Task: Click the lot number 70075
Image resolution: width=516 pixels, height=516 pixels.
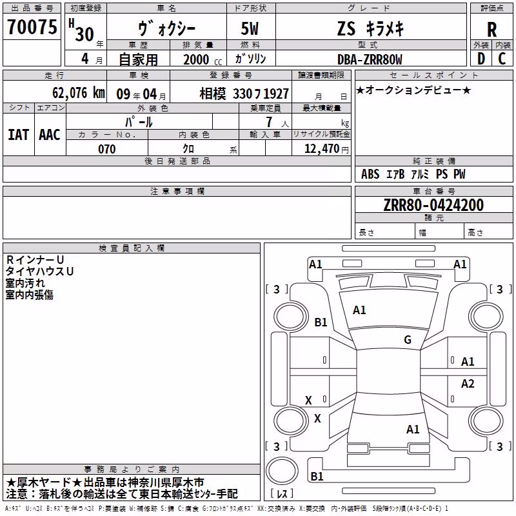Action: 32,27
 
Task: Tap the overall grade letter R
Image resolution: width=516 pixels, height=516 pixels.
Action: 491,30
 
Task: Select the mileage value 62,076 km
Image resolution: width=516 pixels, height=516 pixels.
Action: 79,93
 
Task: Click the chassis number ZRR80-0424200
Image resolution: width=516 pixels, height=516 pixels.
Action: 433,205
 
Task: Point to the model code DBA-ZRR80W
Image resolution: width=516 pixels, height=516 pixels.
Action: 370,59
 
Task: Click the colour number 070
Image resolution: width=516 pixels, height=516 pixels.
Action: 106,149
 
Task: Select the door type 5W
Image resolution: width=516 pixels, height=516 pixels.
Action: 250,28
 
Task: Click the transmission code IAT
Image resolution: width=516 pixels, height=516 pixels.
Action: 19,135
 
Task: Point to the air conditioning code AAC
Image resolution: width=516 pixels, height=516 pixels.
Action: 50,135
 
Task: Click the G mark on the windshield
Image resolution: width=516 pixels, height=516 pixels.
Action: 408,339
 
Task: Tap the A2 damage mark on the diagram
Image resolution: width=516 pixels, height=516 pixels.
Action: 467,383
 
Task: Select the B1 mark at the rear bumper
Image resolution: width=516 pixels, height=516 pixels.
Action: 317,476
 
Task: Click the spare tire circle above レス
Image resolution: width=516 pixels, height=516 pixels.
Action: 282,471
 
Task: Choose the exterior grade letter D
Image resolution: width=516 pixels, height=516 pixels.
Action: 481,59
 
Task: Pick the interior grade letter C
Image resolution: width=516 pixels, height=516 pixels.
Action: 502,59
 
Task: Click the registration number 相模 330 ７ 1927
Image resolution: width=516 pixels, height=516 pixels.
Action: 244,94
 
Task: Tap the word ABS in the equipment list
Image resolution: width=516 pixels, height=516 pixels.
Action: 370,174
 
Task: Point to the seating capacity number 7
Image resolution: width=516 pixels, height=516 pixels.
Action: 269,122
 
